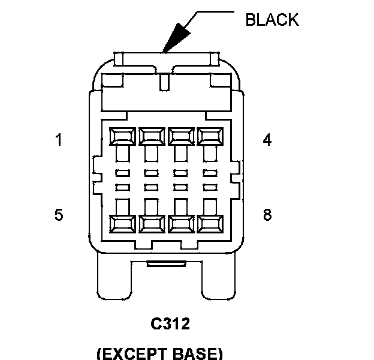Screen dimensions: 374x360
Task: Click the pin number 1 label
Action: pyautogui.click(x=59, y=141)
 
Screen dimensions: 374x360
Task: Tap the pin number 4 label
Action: pyautogui.click(x=267, y=140)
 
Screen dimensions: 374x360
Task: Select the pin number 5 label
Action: pyautogui.click(x=59, y=215)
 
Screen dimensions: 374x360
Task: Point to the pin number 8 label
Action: pyautogui.click(x=267, y=215)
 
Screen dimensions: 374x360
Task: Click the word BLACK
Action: pyautogui.click(x=272, y=19)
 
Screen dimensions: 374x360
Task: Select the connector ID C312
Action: pyautogui.click(x=170, y=325)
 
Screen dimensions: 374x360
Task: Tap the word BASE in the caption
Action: pyautogui.click(x=198, y=353)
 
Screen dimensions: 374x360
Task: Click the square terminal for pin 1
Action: pyautogui.click(x=122, y=136)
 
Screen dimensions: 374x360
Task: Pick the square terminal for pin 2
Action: pyautogui.click(x=150, y=136)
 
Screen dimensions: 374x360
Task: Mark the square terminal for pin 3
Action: pyautogui.click(x=179, y=136)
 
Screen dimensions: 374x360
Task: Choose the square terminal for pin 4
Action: pyautogui.click(x=208, y=136)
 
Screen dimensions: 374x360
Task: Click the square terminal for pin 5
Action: pyautogui.click(x=122, y=224)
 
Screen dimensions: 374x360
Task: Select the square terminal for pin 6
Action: pyautogui.click(x=150, y=224)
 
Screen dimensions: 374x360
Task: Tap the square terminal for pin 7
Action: pyautogui.click(x=179, y=224)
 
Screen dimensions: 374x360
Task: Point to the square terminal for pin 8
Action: pyautogui.click(x=208, y=224)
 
